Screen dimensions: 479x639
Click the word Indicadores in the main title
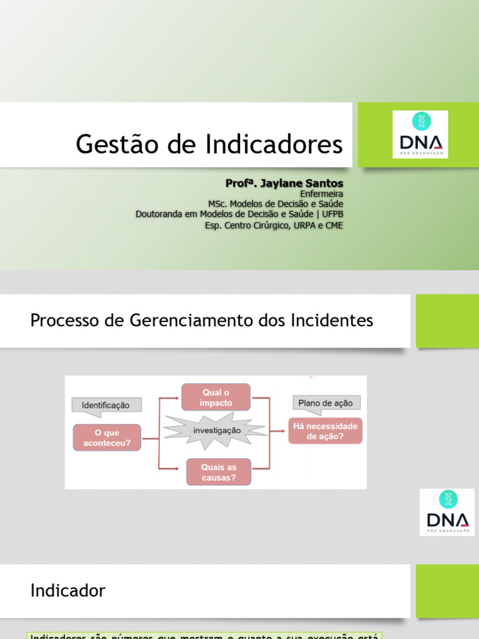(272, 144)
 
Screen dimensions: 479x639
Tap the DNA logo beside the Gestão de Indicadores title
(420, 134)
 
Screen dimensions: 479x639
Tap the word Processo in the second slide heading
(60, 321)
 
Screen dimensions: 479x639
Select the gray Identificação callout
(107, 405)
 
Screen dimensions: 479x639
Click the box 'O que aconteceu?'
(107, 438)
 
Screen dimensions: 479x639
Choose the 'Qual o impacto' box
(216, 398)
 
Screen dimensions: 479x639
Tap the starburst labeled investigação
(216, 431)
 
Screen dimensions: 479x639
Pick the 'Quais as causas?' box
(218, 472)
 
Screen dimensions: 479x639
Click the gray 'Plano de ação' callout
(325, 403)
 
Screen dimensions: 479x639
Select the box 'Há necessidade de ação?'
(325, 431)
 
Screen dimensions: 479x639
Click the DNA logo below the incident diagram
(447, 512)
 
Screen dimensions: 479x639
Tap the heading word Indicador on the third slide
(68, 590)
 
